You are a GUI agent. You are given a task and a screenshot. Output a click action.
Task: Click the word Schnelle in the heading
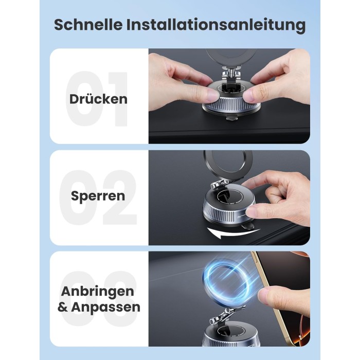88,24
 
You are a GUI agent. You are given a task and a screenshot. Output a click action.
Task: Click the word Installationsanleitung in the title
216,25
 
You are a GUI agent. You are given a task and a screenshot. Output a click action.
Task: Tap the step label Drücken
98,99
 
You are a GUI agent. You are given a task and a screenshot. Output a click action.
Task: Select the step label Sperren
98,196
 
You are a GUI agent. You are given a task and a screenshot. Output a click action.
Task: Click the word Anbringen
98,292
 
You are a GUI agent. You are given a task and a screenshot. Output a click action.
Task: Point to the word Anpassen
105,307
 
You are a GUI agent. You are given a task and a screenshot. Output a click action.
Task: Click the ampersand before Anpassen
62,307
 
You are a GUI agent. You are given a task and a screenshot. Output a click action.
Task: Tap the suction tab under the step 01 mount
232,117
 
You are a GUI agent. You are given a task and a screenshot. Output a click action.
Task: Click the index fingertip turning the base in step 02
253,211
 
